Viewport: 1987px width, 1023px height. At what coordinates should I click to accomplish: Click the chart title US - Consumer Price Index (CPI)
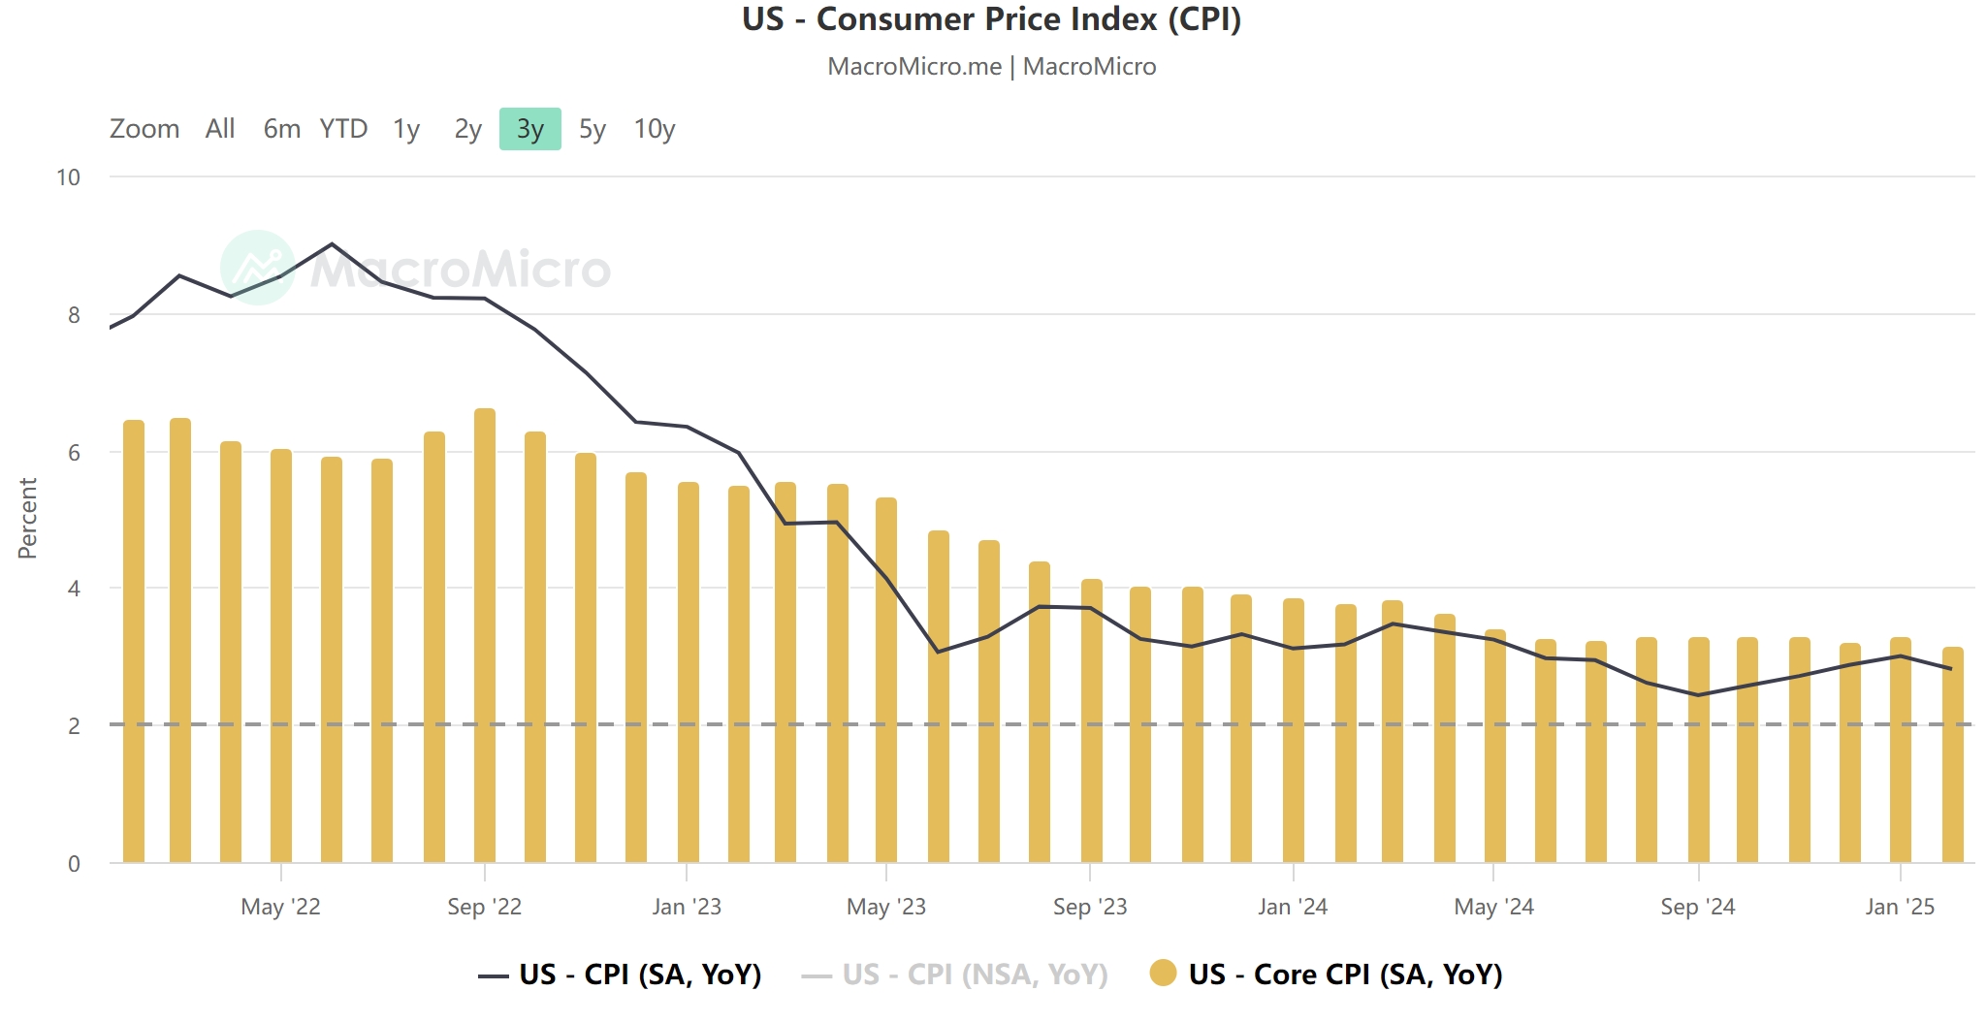(x=991, y=19)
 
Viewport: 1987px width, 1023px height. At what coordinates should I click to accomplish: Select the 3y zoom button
(x=529, y=129)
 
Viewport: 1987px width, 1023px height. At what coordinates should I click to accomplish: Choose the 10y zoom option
(x=654, y=129)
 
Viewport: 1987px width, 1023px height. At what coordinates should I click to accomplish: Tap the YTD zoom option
(x=343, y=129)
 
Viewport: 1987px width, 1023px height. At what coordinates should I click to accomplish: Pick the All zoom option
(x=220, y=129)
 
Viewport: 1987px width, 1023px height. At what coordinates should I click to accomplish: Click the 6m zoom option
(x=281, y=129)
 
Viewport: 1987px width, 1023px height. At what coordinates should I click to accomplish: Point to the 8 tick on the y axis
(x=74, y=315)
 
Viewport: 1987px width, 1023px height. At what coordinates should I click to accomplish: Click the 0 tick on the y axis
(x=74, y=864)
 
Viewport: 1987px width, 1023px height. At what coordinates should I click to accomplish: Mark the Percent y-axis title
(x=27, y=518)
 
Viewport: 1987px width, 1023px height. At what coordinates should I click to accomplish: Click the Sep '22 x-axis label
(x=484, y=908)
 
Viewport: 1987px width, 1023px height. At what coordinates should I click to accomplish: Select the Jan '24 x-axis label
(x=1292, y=908)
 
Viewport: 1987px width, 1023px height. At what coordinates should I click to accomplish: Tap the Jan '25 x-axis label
(x=1899, y=908)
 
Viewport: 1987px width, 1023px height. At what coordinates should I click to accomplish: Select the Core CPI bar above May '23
(x=886, y=679)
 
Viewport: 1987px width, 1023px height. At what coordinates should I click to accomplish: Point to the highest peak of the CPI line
(x=332, y=243)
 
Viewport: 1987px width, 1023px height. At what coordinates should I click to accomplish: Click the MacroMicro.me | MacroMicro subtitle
(x=991, y=67)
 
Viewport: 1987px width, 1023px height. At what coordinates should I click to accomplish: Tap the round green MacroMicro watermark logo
(x=257, y=268)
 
